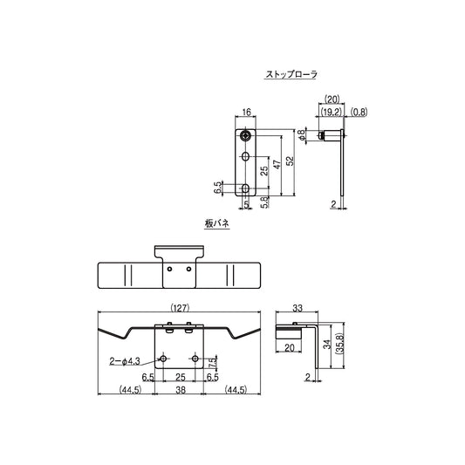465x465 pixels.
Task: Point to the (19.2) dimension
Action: click(x=331, y=113)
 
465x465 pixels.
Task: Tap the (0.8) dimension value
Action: click(x=358, y=113)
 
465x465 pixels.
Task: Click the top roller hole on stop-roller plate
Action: click(x=247, y=136)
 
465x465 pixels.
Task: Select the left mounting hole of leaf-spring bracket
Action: click(x=164, y=359)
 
